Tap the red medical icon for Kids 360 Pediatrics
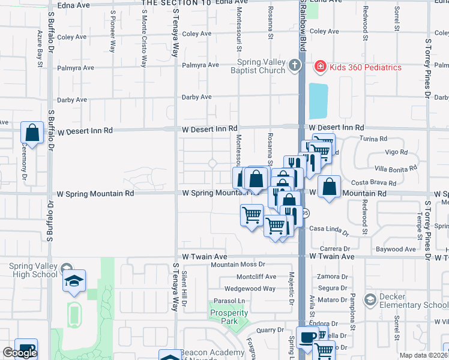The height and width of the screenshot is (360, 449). [319, 66]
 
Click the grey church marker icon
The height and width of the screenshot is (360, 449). [294, 65]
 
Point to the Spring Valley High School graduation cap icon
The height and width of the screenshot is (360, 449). [74, 281]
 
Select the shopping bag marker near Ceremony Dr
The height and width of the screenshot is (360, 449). [32, 133]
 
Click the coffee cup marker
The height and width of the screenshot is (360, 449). [308, 337]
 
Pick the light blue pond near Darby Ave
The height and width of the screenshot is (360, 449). [318, 101]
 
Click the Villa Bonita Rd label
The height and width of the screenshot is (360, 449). [395, 169]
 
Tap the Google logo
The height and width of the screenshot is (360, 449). [20, 353]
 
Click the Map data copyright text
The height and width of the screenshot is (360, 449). [423, 355]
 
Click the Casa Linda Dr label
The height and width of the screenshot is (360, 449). [329, 229]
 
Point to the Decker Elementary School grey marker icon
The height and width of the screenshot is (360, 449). [370, 299]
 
